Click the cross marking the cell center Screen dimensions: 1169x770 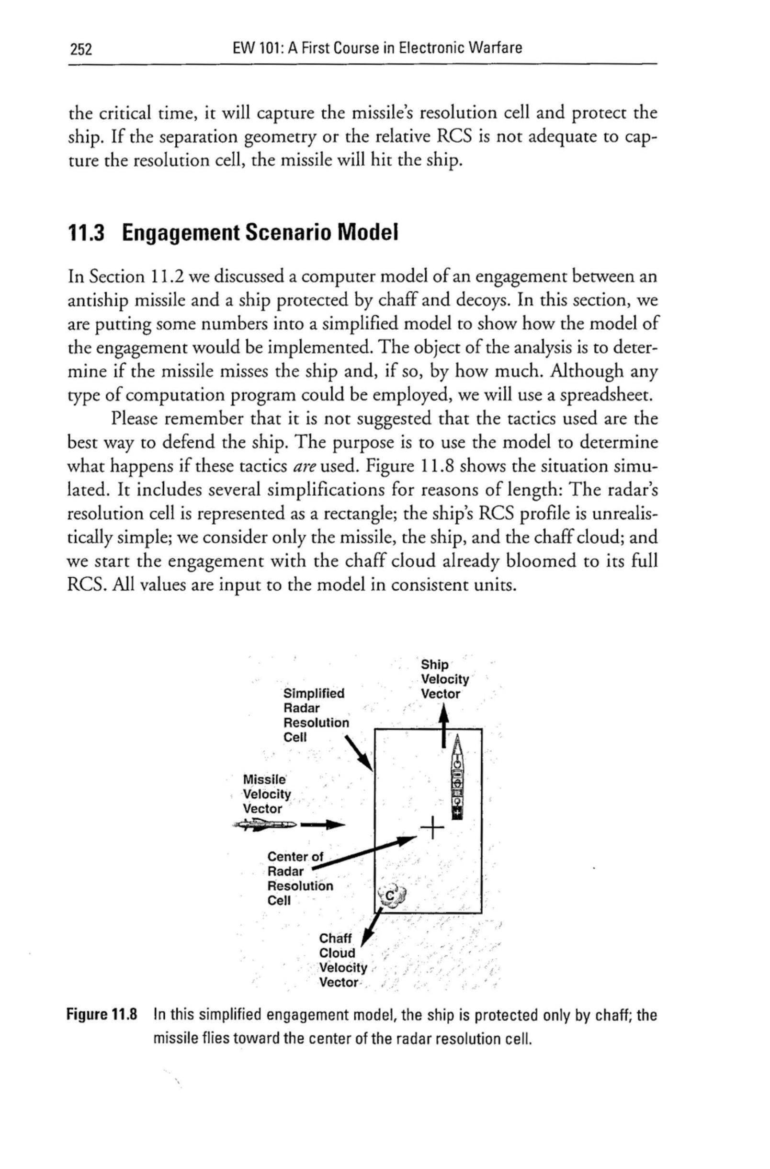click(x=432, y=829)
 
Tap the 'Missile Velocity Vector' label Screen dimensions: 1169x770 click(x=267, y=794)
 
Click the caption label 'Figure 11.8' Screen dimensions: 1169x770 click(x=103, y=1015)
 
